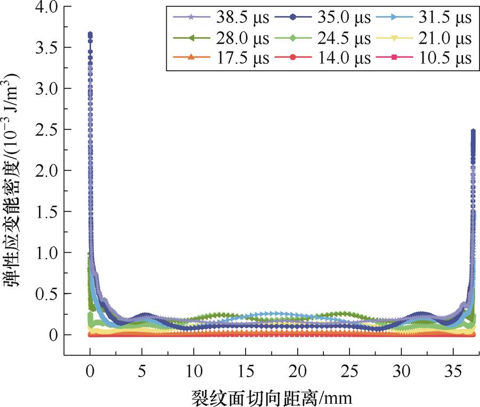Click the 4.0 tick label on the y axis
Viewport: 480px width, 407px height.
[45, 7]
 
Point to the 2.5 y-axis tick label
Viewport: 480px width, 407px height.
[45, 130]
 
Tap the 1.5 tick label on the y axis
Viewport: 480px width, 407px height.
[45, 212]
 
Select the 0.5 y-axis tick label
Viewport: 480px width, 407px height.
[45, 294]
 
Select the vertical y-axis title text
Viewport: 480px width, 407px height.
[14, 181]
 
